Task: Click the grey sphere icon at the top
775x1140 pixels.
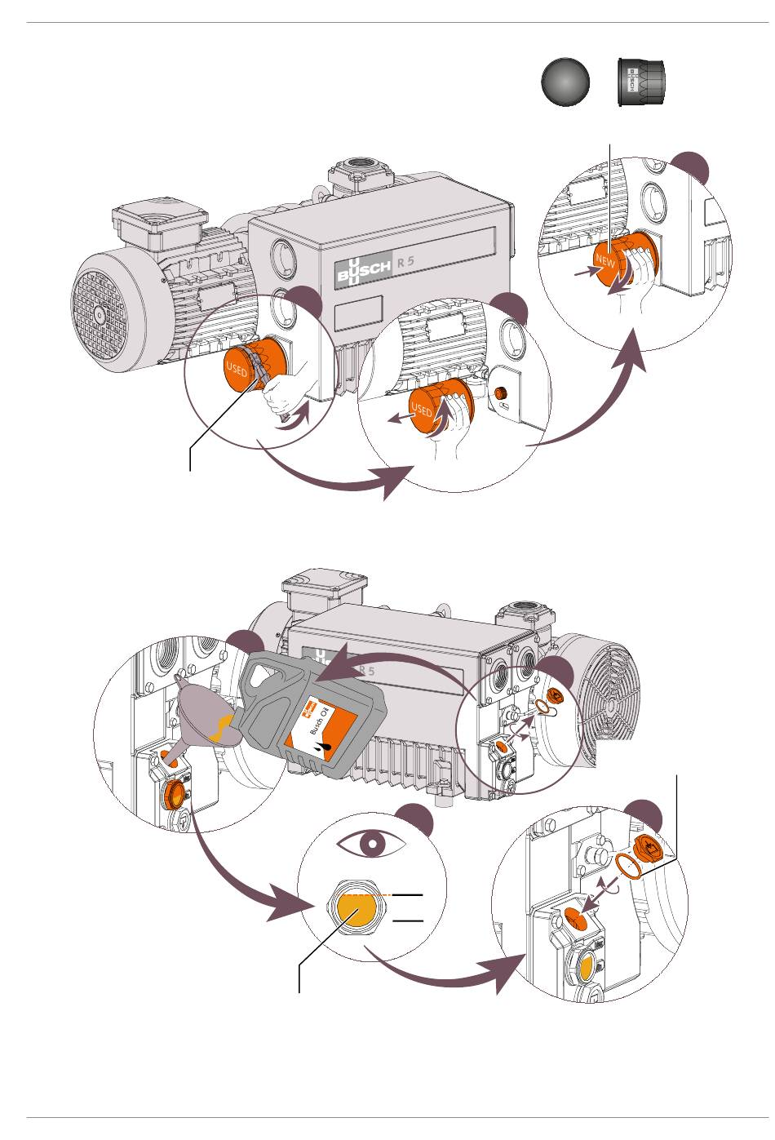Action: [x=565, y=82]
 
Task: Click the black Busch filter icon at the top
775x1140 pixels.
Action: [x=640, y=82]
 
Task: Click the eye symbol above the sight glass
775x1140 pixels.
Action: [x=372, y=845]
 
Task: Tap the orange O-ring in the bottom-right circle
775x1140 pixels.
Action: [x=628, y=867]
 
